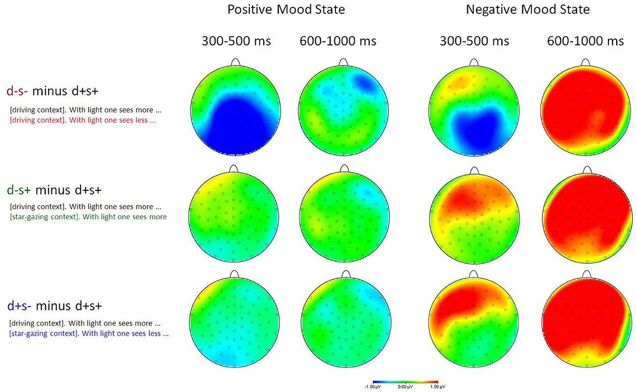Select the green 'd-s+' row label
pyautogui.click(x=19, y=190)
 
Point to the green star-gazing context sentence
pyautogui.click(x=88, y=217)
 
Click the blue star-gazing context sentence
pyautogui.click(x=90, y=334)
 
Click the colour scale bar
pyautogui.click(x=405, y=381)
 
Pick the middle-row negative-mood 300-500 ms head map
pyautogui.click(x=474, y=216)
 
